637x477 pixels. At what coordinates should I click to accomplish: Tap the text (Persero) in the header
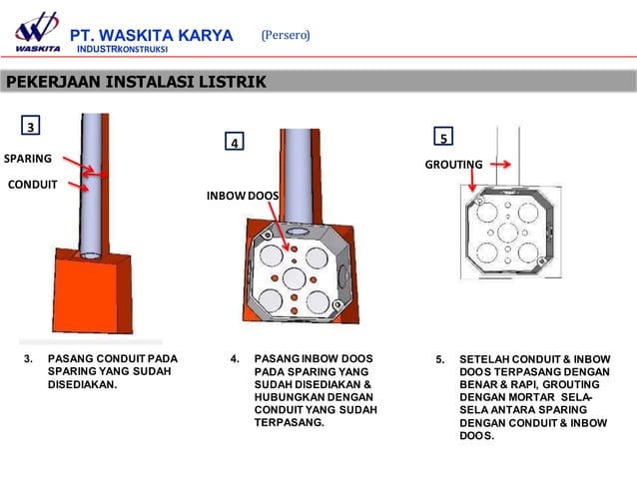pyautogui.click(x=286, y=35)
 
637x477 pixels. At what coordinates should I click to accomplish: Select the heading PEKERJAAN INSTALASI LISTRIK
pyautogui.click(x=136, y=82)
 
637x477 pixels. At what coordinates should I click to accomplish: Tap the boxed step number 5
pyautogui.click(x=443, y=138)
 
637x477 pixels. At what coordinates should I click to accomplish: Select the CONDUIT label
pyautogui.click(x=32, y=184)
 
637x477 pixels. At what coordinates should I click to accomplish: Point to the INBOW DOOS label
pyautogui.click(x=243, y=195)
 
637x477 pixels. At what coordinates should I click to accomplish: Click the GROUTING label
pyautogui.click(x=454, y=165)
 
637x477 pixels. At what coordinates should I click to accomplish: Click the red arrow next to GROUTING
pyautogui.click(x=501, y=165)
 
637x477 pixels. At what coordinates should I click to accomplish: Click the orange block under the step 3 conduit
pyautogui.click(x=90, y=289)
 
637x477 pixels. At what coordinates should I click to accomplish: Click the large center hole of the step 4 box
pyautogui.click(x=297, y=274)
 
